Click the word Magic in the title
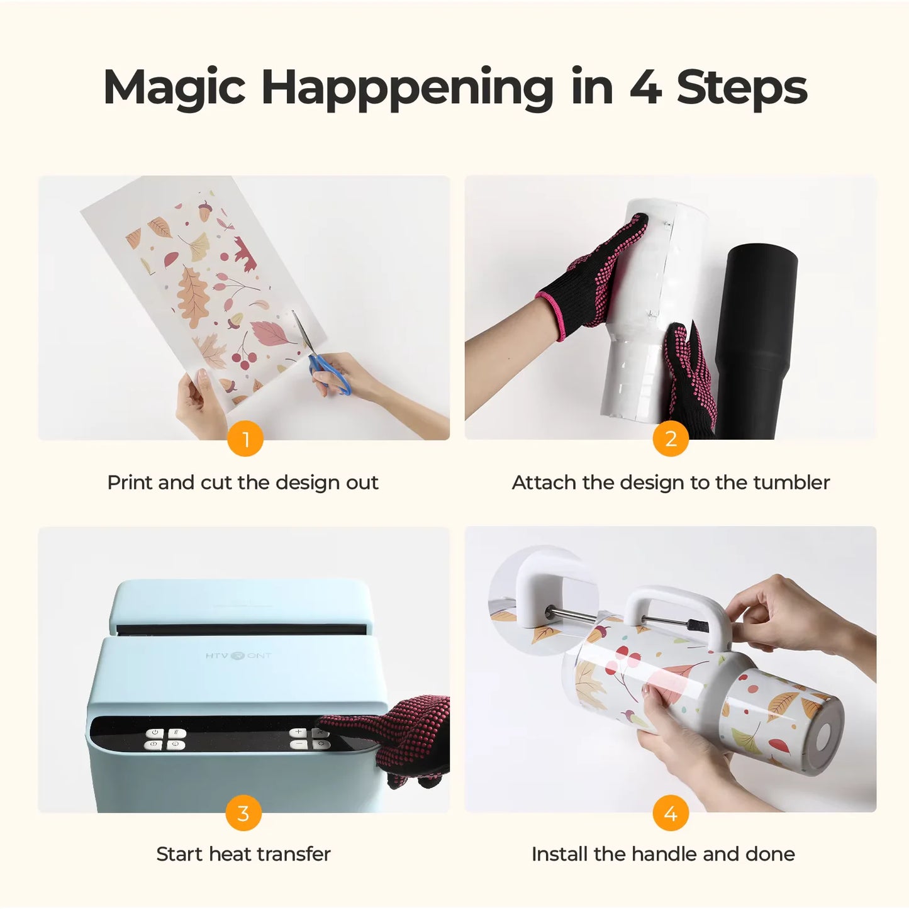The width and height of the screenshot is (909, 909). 174,87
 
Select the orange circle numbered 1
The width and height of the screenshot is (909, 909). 245,439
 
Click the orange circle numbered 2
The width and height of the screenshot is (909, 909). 671,439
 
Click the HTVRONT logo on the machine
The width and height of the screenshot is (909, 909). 238,655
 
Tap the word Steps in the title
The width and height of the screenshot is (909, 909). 742,87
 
